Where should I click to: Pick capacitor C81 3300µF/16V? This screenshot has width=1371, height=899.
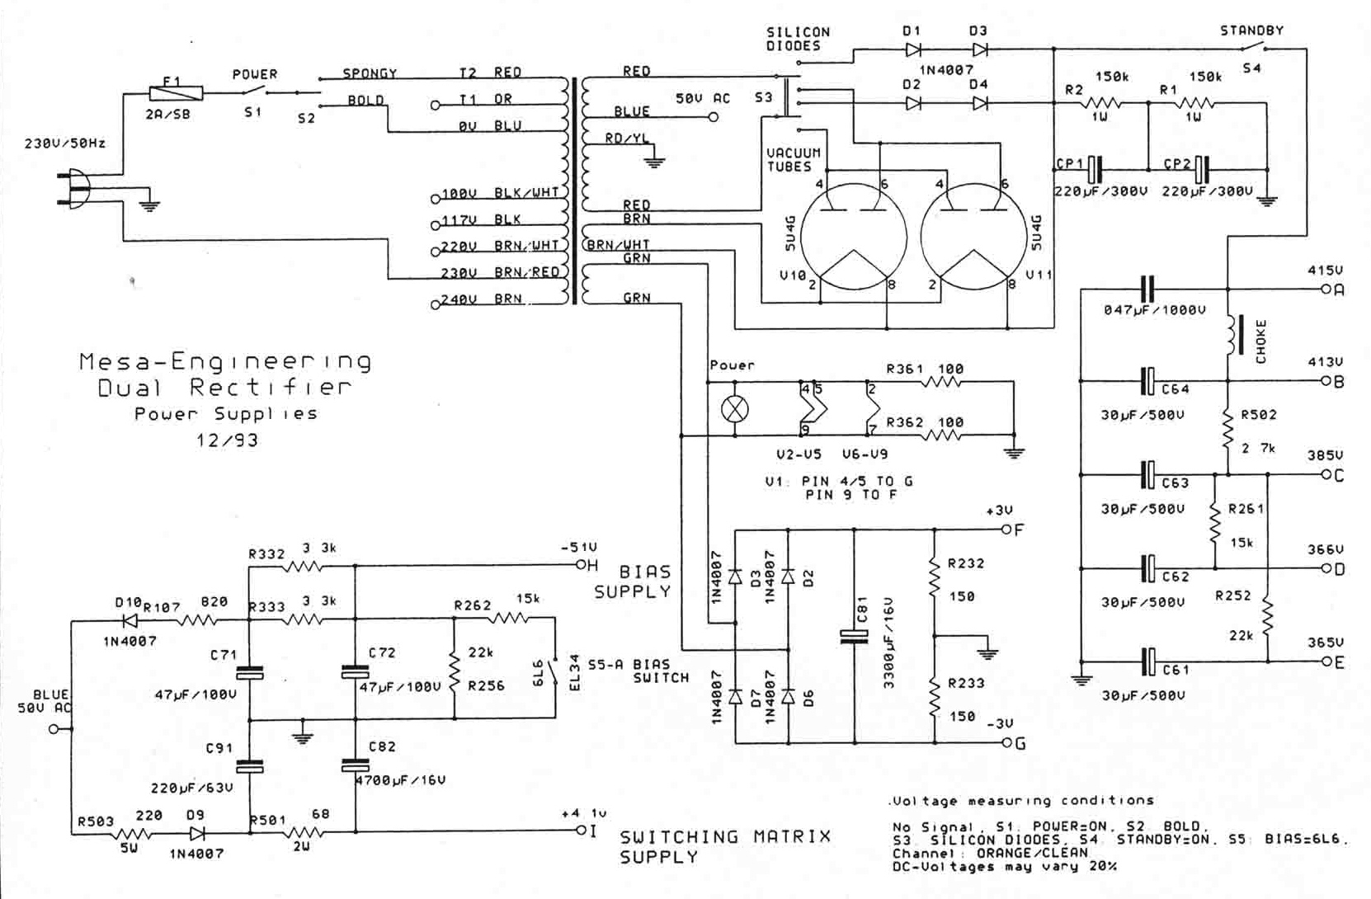click(x=854, y=635)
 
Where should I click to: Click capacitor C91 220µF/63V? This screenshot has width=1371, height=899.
click(x=249, y=765)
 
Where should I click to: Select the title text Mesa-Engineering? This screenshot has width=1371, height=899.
click(x=225, y=361)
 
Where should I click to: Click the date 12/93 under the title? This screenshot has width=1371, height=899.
click(x=227, y=440)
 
